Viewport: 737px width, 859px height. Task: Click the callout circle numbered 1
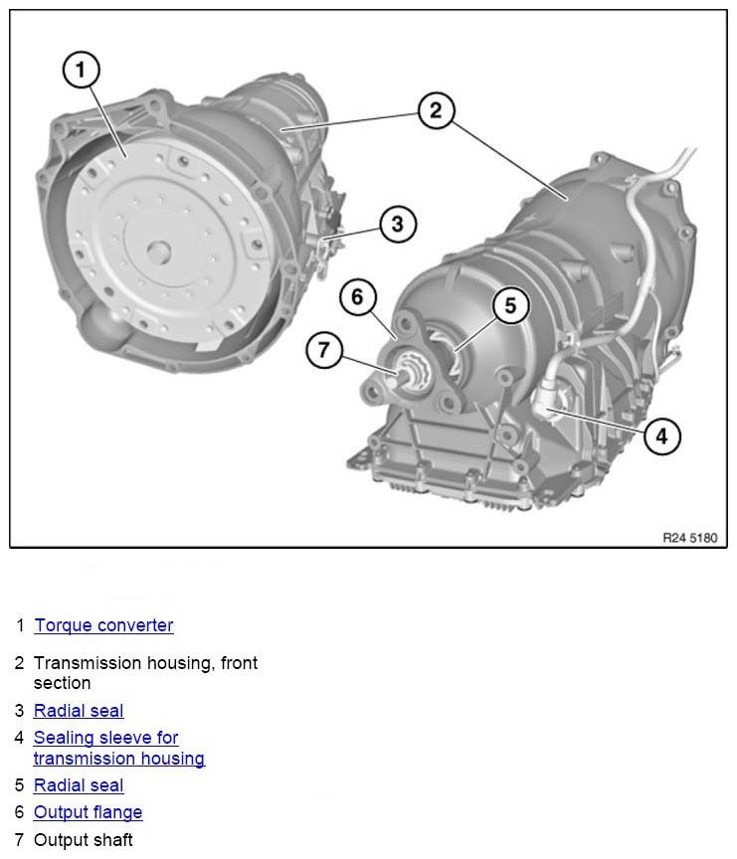coord(82,70)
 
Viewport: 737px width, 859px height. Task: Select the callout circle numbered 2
coord(436,110)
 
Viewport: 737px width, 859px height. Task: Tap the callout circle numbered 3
coord(397,224)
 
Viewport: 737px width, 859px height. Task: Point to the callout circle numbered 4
coord(661,434)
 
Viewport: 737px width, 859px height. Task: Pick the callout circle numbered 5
coord(510,305)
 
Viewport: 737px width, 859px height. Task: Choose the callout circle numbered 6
coord(358,296)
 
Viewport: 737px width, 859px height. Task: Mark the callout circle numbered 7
coord(324,350)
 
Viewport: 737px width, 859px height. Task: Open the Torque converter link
coord(103,625)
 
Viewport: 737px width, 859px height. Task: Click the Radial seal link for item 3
coord(79,711)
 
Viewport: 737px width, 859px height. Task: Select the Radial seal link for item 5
coord(79,785)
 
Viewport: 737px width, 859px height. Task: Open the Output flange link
coord(88,812)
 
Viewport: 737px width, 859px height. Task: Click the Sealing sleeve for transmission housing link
coord(118,749)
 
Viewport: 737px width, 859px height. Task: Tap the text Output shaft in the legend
coord(83,840)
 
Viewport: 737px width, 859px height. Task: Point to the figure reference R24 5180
coord(688,537)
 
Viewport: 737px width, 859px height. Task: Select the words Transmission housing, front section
coord(145,673)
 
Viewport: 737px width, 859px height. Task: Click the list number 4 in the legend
coord(19,738)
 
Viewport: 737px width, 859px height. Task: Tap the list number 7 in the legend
coord(19,840)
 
